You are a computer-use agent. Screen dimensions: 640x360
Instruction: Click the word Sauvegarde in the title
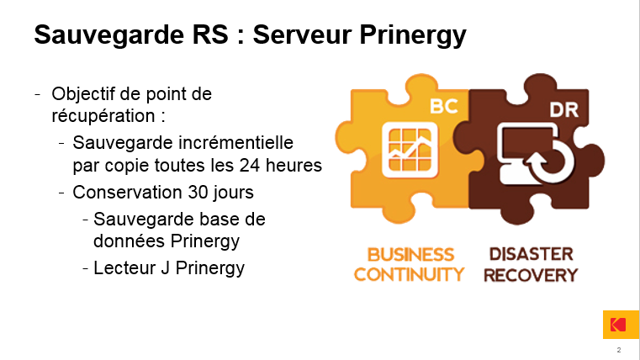coord(109,35)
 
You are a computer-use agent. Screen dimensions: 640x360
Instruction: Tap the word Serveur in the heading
coord(303,34)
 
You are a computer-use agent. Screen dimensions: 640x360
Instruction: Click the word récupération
coord(103,116)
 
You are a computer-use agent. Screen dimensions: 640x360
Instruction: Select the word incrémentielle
coord(236,143)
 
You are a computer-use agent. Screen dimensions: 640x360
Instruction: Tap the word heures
coord(294,166)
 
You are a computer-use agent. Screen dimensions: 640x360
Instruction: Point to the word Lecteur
coord(124,268)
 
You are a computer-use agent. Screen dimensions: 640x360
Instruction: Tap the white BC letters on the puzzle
coord(444,107)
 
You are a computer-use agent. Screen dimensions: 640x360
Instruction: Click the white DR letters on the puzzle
coord(564,110)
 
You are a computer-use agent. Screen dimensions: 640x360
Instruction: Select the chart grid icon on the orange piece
coord(410,150)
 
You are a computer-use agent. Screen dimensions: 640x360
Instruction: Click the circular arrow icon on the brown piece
coord(549,160)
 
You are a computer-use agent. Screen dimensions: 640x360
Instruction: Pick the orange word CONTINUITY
coord(409,274)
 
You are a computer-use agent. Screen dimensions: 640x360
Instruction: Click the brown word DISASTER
coord(531,254)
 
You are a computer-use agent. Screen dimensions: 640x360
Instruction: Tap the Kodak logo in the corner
coord(621,325)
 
